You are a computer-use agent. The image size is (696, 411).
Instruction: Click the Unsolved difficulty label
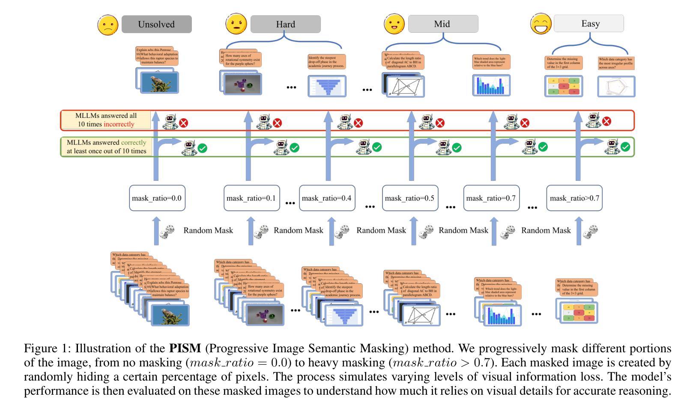click(x=156, y=24)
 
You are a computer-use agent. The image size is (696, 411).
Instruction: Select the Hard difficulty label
click(x=285, y=24)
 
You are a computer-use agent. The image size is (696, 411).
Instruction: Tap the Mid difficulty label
click(x=442, y=24)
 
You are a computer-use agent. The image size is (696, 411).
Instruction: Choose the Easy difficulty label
click(x=589, y=24)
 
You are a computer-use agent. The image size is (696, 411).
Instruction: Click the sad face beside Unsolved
click(x=108, y=25)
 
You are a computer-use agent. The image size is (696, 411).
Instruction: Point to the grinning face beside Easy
click(x=541, y=24)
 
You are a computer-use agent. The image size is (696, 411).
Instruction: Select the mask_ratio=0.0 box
click(x=157, y=198)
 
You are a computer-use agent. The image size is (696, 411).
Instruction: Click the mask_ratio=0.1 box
click(x=251, y=198)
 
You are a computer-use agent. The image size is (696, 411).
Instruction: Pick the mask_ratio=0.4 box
click(x=327, y=198)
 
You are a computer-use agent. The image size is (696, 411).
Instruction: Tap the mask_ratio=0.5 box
click(x=410, y=198)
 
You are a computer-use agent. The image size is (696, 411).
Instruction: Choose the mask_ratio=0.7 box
click(x=491, y=198)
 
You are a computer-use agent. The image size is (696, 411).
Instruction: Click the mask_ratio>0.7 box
click(x=574, y=198)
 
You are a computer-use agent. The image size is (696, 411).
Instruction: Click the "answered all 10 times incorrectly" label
click(x=106, y=120)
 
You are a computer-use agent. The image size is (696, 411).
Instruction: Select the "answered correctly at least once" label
click(x=106, y=147)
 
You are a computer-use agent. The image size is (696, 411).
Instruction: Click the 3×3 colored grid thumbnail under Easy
click(x=563, y=86)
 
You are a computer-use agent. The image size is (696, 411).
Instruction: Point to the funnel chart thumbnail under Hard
click(x=327, y=86)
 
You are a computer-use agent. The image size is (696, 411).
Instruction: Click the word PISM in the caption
click(x=185, y=348)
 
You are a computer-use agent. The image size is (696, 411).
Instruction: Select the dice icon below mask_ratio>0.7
click(x=591, y=232)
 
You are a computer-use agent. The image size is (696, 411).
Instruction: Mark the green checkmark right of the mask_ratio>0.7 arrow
click(x=625, y=147)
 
